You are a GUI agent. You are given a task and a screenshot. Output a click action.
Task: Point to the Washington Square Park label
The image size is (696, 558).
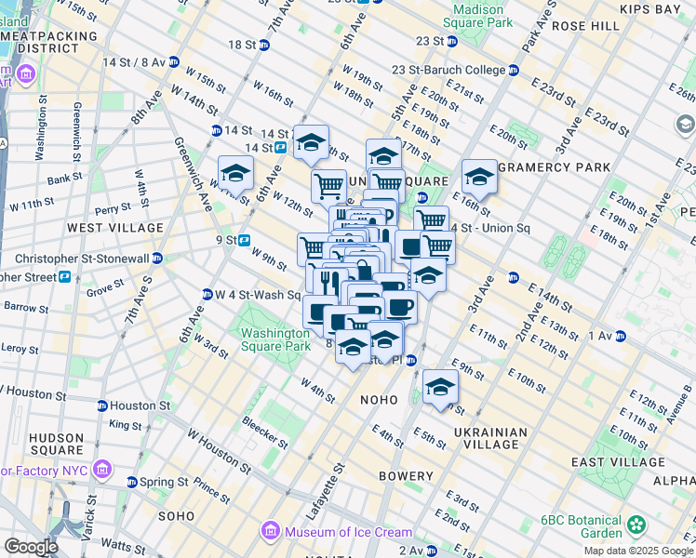tap(275, 339)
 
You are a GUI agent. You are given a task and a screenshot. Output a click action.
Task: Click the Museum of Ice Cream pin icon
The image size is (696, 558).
tap(271, 532)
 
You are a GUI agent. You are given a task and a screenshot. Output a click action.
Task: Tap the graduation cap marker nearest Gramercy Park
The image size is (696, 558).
tap(479, 175)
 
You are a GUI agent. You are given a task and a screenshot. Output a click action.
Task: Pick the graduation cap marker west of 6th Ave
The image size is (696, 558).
tap(236, 172)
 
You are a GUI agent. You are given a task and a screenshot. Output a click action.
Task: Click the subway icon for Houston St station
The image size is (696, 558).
tap(101, 405)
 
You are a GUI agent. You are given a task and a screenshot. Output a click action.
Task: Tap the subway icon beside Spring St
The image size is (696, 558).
tap(131, 483)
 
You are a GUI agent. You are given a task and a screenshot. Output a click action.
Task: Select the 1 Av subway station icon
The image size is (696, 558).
tap(620, 335)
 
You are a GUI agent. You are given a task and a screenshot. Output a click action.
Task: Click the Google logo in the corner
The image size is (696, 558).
tap(31, 547)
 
